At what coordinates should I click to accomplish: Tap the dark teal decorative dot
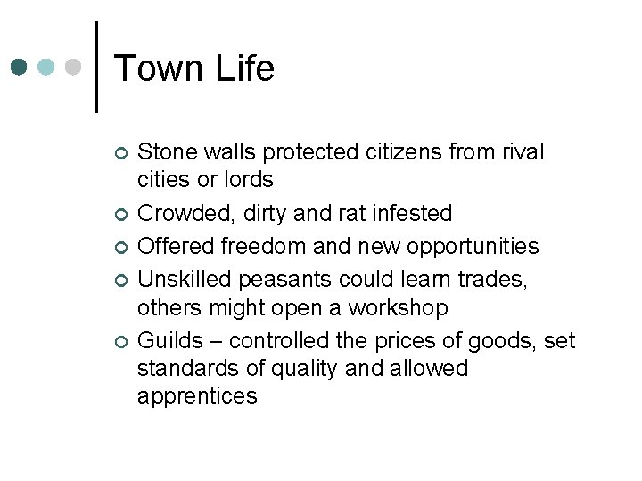pos(21,67)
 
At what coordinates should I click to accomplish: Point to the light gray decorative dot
pos(75,67)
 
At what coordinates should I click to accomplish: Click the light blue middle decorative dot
pos(47,67)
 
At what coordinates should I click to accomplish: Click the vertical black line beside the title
pos(95,67)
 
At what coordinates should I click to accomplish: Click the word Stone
pos(166,152)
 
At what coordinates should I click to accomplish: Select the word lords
pos(248,180)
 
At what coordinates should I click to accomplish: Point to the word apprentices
pos(197,396)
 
